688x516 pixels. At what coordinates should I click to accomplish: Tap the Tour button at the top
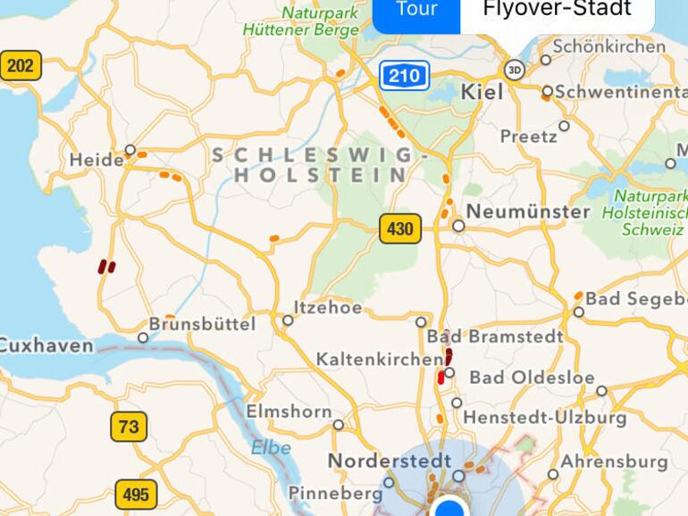416,11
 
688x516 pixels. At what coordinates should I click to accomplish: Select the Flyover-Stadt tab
557,11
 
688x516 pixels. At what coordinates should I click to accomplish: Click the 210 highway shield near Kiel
404,76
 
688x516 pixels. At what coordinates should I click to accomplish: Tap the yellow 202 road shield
20,65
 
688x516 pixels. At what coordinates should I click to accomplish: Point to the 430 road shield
399,229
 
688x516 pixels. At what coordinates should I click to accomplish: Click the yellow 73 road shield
129,427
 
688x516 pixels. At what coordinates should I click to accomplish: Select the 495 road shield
136,494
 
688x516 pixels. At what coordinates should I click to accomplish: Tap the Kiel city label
482,92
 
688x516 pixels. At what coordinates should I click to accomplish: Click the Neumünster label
527,212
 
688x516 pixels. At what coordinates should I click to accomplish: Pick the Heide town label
96,161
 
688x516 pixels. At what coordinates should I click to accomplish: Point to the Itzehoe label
328,308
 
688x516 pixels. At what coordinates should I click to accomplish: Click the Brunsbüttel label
202,323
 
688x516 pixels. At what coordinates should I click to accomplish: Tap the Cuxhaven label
46,345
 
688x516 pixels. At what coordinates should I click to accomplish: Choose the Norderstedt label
389,461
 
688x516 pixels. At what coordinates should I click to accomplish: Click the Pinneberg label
335,493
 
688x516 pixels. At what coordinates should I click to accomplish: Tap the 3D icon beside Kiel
514,69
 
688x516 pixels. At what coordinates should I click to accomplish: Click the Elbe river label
270,447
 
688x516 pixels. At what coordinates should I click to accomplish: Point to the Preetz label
528,137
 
